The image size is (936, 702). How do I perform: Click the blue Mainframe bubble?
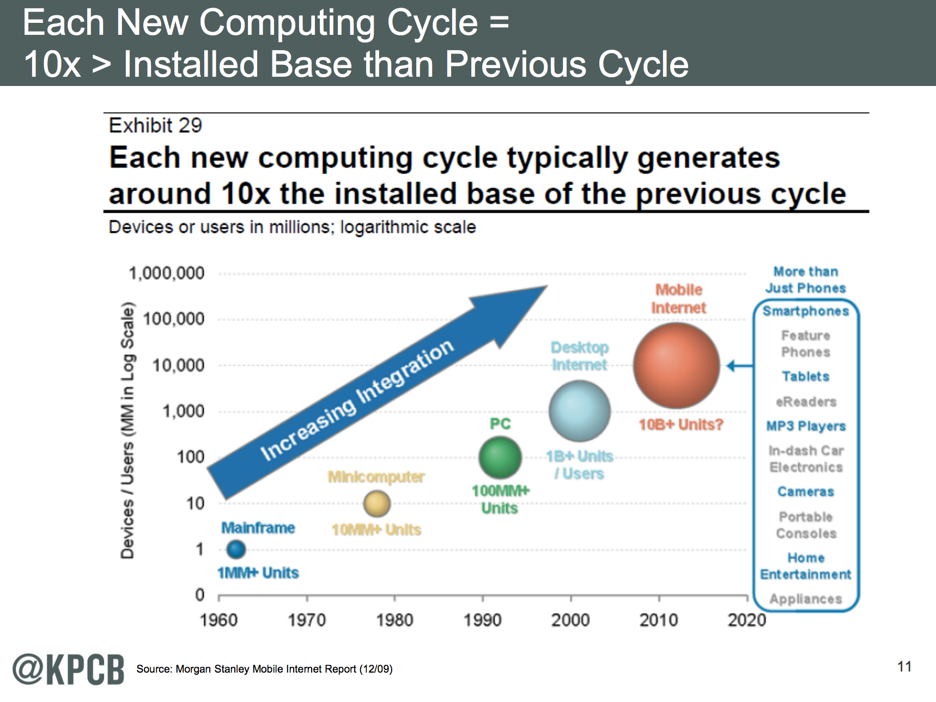[236, 549]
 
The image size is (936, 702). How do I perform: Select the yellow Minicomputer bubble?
[377, 503]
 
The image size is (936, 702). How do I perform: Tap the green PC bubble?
[500, 458]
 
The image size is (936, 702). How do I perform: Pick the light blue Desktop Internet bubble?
[579, 411]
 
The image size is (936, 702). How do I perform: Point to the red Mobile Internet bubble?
[677, 366]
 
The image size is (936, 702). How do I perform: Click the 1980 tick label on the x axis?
[394, 620]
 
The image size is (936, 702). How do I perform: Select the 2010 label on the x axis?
[659, 620]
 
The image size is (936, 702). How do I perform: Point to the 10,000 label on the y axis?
[178, 365]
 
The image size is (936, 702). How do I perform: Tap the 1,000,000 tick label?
[166, 273]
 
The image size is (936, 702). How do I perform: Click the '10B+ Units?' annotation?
[680, 424]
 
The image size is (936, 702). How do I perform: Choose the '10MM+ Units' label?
[376, 529]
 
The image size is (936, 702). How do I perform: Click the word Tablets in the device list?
[805, 377]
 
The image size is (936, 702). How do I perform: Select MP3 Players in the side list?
[806, 426]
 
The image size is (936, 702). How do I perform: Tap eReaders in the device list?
[806, 402]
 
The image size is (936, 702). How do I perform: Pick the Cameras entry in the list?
[805, 491]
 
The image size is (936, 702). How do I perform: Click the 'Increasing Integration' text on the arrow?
[357, 399]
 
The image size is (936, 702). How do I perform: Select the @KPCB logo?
[69, 669]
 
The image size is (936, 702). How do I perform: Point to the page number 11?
[904, 667]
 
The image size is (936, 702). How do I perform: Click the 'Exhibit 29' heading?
[155, 126]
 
